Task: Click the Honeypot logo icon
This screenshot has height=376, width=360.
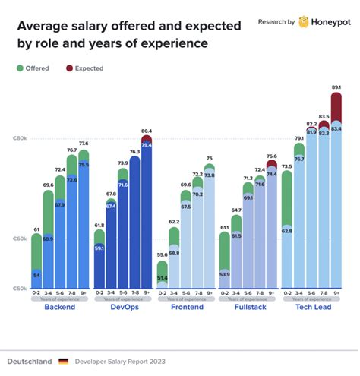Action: tap(304, 22)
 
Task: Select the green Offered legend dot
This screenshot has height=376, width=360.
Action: tap(21, 68)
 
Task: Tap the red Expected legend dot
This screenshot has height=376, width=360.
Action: tap(69, 68)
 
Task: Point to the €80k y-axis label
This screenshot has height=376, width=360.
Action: tap(20, 139)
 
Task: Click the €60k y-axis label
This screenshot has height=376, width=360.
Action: tap(20, 239)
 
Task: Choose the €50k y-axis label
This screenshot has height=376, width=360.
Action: tap(20, 289)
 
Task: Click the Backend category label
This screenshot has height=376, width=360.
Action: tap(60, 308)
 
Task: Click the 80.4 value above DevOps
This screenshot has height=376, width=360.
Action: tap(147, 131)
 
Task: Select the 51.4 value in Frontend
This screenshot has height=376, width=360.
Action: tap(162, 279)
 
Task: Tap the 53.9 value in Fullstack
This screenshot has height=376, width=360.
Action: tap(224, 273)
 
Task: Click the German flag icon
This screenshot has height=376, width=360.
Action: tap(63, 362)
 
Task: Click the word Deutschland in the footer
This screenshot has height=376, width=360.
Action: tap(30, 362)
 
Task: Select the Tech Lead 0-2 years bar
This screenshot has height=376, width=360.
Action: tap(287, 228)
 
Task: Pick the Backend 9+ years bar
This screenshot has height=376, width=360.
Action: tap(84, 220)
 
